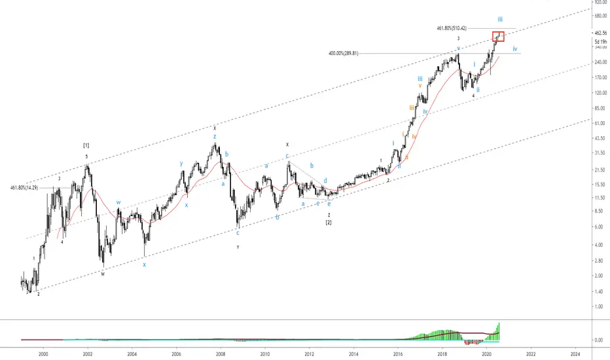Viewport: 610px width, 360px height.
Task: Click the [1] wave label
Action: (86, 145)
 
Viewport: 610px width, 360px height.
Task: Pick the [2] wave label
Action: (329, 223)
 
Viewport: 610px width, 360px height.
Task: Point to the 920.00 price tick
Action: (599, 3)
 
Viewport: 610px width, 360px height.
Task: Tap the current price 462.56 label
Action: (599, 33)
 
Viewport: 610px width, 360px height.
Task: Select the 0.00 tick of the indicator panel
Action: (599, 340)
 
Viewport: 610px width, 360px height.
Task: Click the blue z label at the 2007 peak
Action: (214, 136)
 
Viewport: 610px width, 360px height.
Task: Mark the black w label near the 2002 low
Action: (103, 274)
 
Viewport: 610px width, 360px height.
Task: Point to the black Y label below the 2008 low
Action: (238, 247)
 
